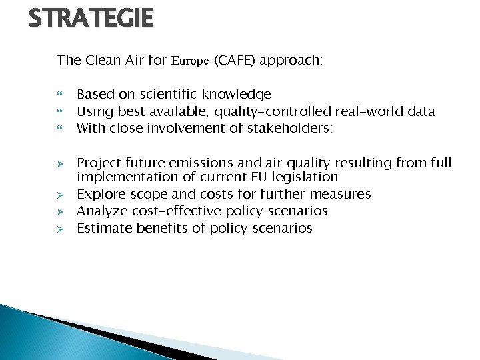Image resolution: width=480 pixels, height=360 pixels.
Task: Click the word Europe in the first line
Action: point(190,61)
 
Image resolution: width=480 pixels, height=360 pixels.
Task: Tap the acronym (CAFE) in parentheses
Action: point(234,61)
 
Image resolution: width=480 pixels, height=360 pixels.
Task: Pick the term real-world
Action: point(369,111)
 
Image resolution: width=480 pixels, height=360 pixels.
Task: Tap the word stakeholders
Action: point(280,128)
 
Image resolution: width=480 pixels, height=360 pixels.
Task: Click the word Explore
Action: point(99,194)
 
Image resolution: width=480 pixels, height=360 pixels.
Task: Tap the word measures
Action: point(341,194)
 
